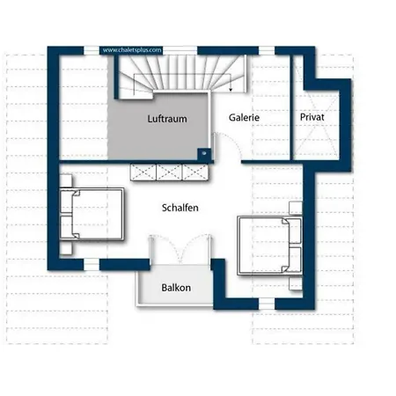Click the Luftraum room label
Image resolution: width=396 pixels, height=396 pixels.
167,119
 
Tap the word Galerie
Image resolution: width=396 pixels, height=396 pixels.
244,118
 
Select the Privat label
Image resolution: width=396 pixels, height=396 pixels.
312,117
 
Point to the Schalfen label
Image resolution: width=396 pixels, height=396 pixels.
180,208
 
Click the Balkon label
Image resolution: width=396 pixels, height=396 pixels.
176,288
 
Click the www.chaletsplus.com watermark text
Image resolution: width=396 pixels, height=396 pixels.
132,50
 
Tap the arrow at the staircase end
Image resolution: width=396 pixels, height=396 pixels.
231,89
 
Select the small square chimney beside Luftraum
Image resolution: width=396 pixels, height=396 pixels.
204,153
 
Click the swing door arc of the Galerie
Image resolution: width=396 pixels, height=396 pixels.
231,142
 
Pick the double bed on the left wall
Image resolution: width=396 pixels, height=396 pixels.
92,214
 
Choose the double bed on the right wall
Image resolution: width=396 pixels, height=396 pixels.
269,246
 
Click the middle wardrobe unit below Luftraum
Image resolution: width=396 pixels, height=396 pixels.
169,172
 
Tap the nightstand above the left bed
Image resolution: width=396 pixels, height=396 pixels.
66,181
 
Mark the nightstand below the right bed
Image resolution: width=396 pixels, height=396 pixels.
296,283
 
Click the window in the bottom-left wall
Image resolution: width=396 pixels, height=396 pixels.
92,264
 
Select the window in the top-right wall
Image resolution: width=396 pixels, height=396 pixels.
267,50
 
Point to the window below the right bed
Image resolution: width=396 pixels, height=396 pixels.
267,304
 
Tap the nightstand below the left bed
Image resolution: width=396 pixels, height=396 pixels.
66,247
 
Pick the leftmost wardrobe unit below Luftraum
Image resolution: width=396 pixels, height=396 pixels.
143,172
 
